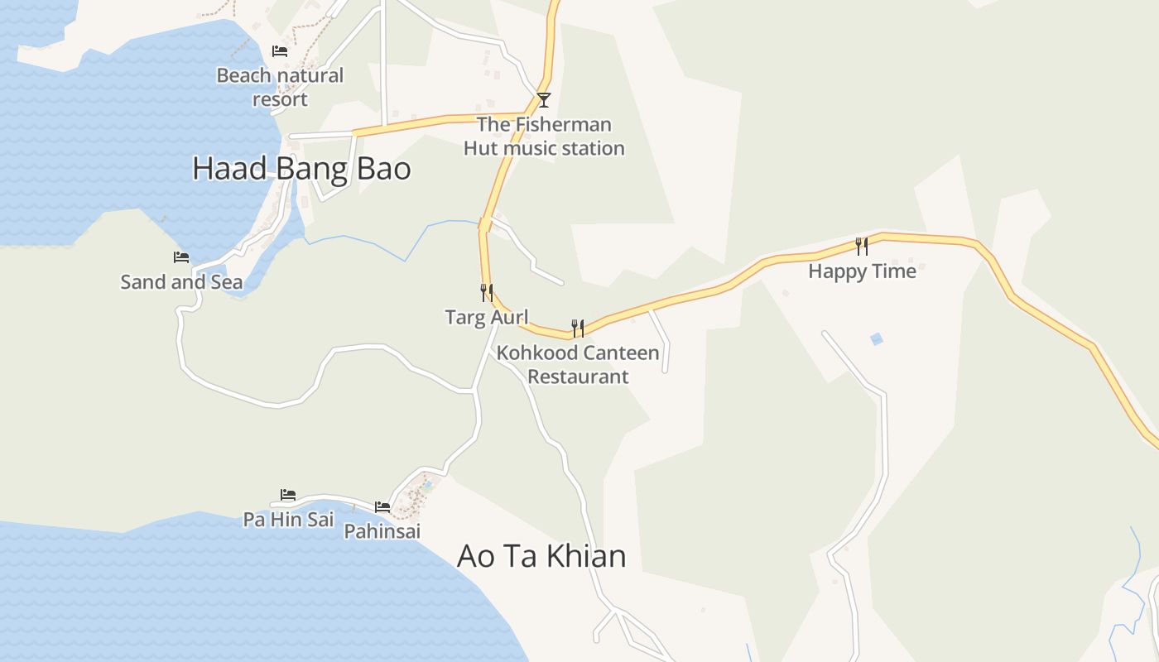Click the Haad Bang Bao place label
pyautogui.click(x=301, y=169)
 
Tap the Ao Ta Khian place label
pyautogui.click(x=541, y=555)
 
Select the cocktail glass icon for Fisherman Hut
pyautogui.click(x=544, y=100)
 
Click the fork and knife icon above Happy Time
pyautogui.click(x=862, y=246)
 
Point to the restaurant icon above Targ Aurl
pyautogui.click(x=487, y=292)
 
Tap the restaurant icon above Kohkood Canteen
pyautogui.click(x=578, y=329)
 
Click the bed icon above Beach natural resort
pyautogui.click(x=280, y=51)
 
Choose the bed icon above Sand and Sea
pyautogui.click(x=181, y=257)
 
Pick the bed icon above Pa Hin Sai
pyautogui.click(x=288, y=495)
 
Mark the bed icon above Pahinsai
pyautogui.click(x=382, y=506)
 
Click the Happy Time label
pyautogui.click(x=862, y=271)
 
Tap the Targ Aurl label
pyautogui.click(x=487, y=317)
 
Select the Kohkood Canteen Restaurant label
pyautogui.click(x=578, y=365)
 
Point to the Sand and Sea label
pyautogui.click(x=182, y=282)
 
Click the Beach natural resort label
pyautogui.click(x=280, y=87)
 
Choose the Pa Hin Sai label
pyautogui.click(x=288, y=520)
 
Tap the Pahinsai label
pyautogui.click(x=382, y=531)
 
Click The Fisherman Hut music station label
pyautogui.click(x=544, y=137)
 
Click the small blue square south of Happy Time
pyautogui.click(x=877, y=338)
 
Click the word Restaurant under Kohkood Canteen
pyautogui.click(x=578, y=377)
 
